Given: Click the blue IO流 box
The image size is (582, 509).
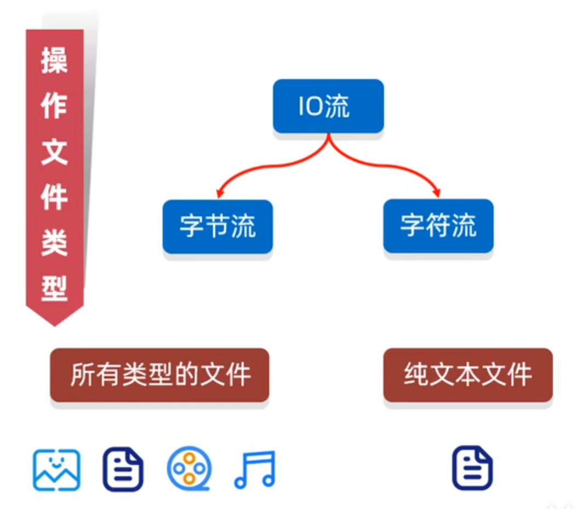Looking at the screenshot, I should [x=328, y=106].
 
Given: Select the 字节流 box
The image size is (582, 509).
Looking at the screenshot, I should [x=218, y=226].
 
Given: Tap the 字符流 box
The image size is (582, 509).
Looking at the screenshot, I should [x=438, y=226].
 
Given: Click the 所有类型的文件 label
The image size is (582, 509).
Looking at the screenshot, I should [x=159, y=375].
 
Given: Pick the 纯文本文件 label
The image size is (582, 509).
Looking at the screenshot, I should [x=467, y=375].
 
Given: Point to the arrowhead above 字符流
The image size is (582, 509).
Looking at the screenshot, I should [x=437, y=193].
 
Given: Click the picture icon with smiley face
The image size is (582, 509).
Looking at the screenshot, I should [x=56, y=470].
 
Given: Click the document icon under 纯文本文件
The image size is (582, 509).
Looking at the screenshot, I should [x=472, y=468].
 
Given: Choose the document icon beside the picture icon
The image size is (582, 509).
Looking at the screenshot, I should [x=123, y=470].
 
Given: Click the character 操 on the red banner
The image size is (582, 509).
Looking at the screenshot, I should [x=54, y=59].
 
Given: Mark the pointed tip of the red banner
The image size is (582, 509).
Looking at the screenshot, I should [x=54, y=324].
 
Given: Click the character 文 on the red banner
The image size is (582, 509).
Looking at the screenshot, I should [x=54, y=151].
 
